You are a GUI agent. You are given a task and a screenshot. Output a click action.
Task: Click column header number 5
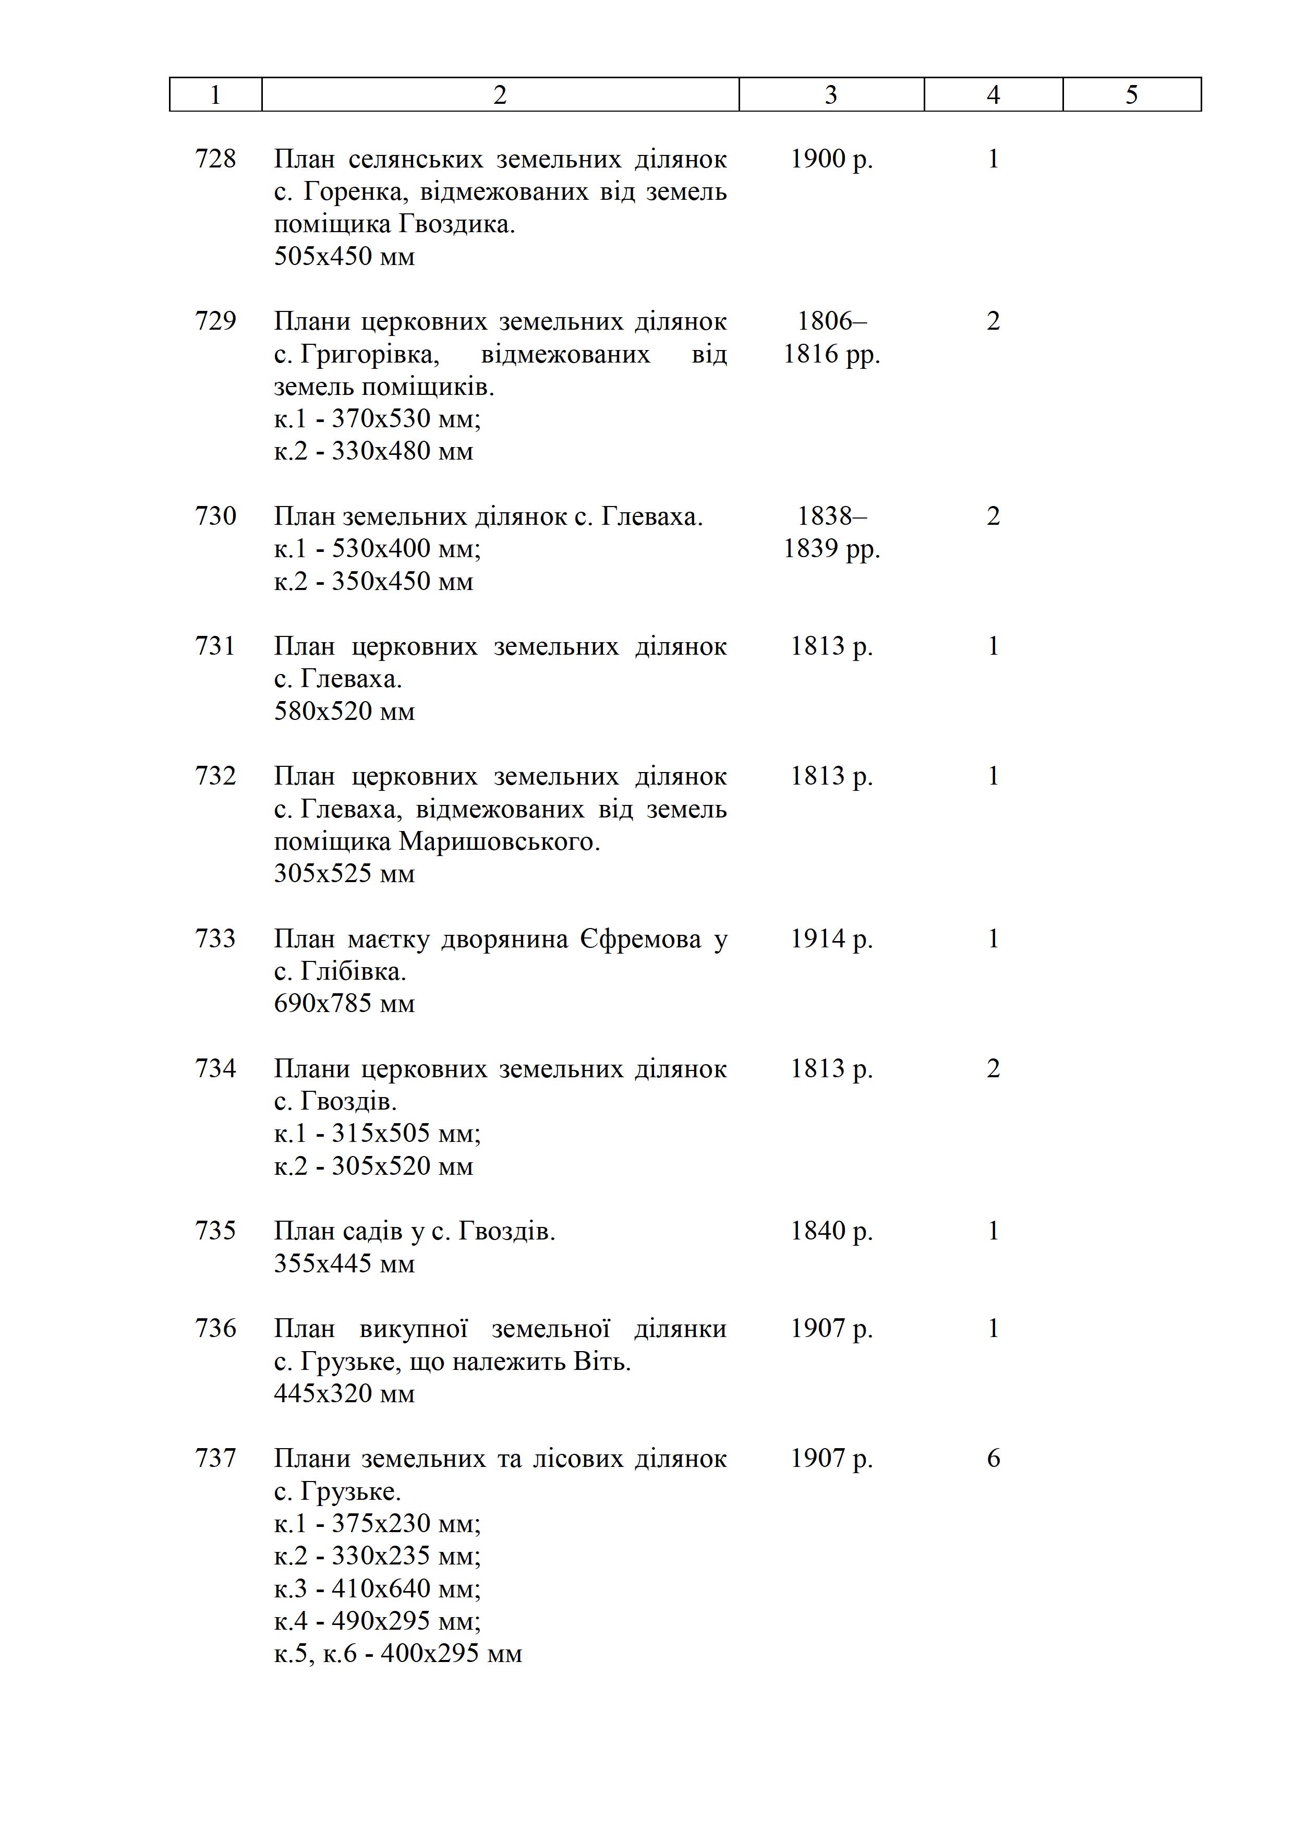1131,95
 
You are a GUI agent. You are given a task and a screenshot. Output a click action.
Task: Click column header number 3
831,95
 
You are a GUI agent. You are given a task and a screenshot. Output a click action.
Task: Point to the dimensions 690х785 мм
344,1004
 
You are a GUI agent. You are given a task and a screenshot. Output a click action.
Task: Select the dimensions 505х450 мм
344,257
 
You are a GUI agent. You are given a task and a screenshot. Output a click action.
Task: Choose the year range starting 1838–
831,516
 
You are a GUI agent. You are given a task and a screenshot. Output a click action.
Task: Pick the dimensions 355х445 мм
344,1263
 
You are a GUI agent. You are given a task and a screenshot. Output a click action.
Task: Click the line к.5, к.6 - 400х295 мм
397,1654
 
